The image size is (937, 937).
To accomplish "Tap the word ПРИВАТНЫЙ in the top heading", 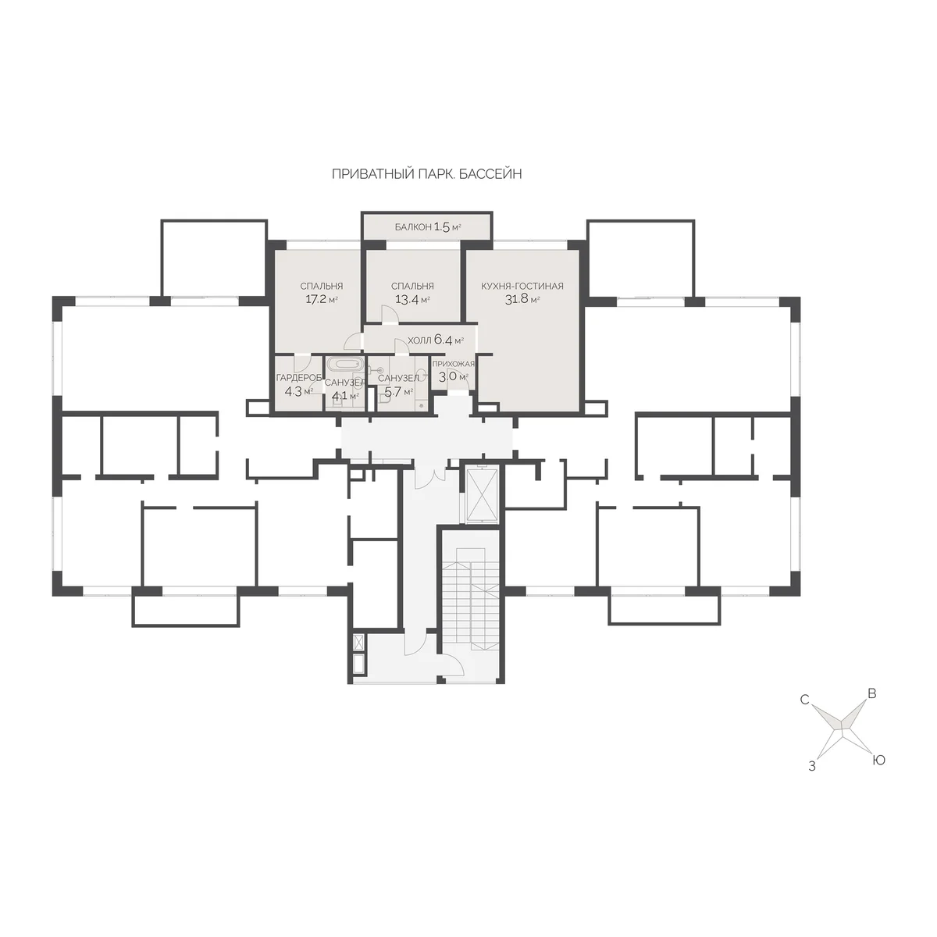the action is tap(373, 174).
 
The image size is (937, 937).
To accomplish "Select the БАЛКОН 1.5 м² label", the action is tap(428, 226).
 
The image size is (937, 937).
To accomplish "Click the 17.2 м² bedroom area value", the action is tap(322, 299).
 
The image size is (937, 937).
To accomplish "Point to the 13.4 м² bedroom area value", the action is tap(412, 299).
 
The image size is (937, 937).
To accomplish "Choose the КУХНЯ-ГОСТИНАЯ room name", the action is tap(522, 286).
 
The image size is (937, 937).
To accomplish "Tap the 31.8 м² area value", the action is tap(522, 299).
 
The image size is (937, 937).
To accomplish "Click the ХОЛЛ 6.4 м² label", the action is tap(436, 340).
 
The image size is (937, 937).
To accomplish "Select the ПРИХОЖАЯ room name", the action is tap(453, 364).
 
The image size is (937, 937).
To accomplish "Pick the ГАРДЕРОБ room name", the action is tap(298, 378).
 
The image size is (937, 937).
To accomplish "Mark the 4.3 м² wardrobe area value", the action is tap(298, 391).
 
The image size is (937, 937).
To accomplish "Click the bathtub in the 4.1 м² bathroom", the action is tap(344, 364).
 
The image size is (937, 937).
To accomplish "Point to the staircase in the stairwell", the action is tap(471, 599).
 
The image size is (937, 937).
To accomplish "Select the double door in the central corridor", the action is tap(429, 475).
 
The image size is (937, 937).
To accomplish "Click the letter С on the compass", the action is tap(804, 700).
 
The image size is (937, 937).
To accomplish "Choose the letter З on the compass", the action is tap(811, 767).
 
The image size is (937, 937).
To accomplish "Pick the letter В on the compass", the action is tap(872, 694).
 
